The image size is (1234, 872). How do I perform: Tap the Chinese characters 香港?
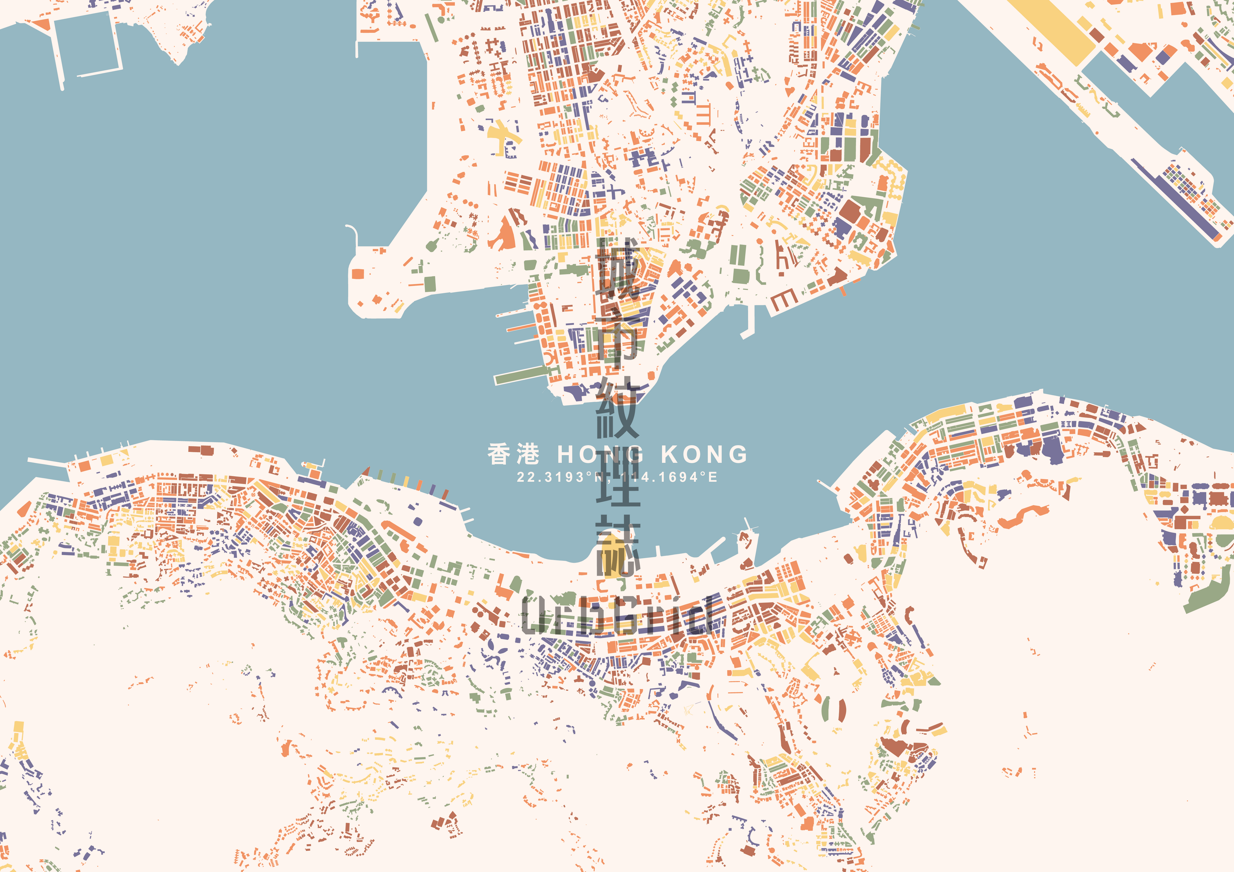pos(513,454)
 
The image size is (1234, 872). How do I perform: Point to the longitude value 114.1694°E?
pos(669,477)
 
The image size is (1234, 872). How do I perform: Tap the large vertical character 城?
pos(618,269)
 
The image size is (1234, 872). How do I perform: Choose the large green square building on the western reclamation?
pos(430,283)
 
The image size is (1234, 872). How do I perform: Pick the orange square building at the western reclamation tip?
pos(358,273)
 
